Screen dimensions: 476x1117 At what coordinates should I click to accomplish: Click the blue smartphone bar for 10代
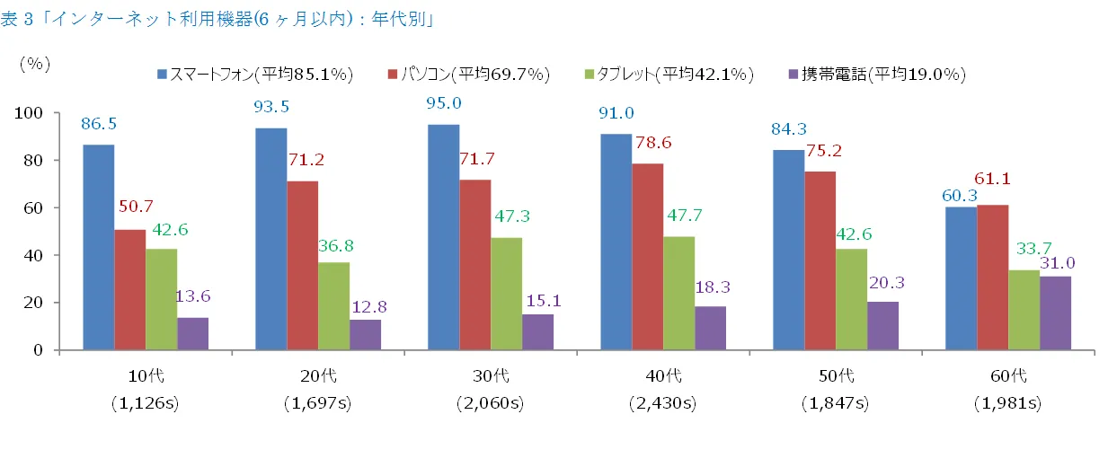click(98, 247)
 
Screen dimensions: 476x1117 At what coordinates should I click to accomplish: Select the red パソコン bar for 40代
click(647, 257)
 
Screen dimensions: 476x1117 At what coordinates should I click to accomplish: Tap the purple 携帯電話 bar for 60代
click(1055, 313)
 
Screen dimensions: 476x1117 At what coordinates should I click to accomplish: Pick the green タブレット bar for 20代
click(333, 306)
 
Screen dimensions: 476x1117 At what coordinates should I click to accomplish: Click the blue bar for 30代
click(443, 237)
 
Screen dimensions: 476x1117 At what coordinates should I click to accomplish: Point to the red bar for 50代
click(820, 260)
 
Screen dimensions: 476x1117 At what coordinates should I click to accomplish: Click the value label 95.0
click(443, 103)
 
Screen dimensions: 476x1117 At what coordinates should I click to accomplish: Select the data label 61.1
click(992, 180)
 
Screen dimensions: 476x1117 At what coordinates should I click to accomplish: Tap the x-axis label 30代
click(490, 375)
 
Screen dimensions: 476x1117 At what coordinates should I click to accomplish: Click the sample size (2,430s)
click(662, 403)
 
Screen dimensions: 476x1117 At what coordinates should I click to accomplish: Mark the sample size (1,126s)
click(145, 403)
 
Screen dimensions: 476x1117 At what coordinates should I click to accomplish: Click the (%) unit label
click(35, 63)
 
